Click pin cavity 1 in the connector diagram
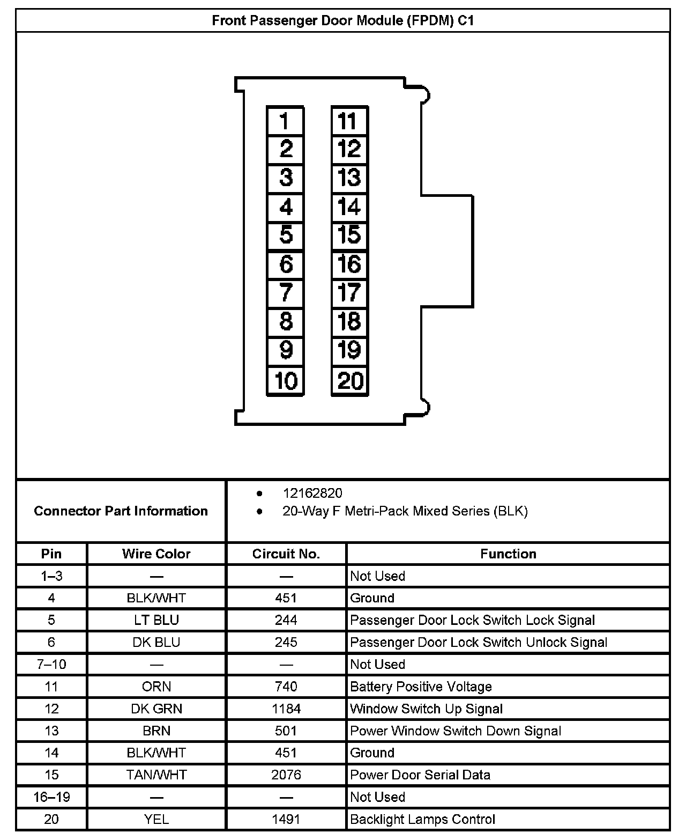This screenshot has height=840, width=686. click(285, 121)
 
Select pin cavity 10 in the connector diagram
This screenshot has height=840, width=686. click(285, 381)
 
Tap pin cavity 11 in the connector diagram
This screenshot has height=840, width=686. click(349, 121)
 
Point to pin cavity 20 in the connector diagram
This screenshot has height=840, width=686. click(349, 381)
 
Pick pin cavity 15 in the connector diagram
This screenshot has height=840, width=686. click(349, 235)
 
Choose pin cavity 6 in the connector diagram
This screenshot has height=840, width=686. click(285, 264)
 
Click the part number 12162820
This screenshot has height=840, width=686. click(312, 493)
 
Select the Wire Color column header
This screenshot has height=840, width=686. click(156, 554)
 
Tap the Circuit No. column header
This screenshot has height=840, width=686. click(286, 554)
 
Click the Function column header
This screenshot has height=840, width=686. click(508, 554)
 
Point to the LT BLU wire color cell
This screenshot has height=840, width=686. click(156, 620)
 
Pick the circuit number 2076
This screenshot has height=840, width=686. click(286, 775)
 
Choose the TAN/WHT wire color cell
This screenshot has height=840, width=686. click(156, 775)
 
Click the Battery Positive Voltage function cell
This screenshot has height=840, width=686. click(421, 687)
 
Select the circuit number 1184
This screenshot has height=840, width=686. click(286, 709)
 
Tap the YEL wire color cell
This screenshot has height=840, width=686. click(156, 819)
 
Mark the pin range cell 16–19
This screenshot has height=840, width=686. click(51, 797)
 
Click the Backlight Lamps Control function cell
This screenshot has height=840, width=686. click(422, 819)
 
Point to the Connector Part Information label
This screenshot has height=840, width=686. click(121, 511)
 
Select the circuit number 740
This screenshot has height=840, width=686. click(286, 687)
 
